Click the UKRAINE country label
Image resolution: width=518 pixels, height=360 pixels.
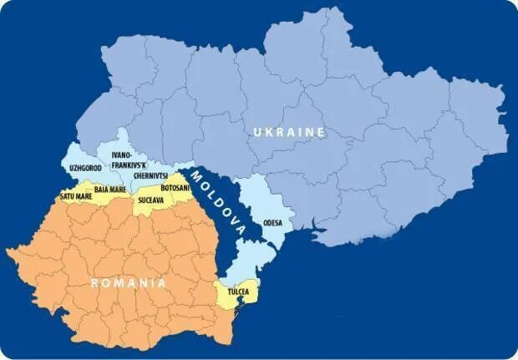coord(289,132)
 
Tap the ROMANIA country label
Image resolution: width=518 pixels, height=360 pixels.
coord(128,282)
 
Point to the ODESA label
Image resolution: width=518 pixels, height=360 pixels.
coord(272,223)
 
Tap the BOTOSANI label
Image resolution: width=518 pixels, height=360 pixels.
coord(175,188)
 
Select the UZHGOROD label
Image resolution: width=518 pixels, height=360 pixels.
coord(86,168)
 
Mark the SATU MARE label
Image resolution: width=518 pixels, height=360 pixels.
coord(75,196)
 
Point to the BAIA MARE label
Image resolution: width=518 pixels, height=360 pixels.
coord(110,190)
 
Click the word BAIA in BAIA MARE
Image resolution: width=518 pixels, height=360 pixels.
coord(101,190)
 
